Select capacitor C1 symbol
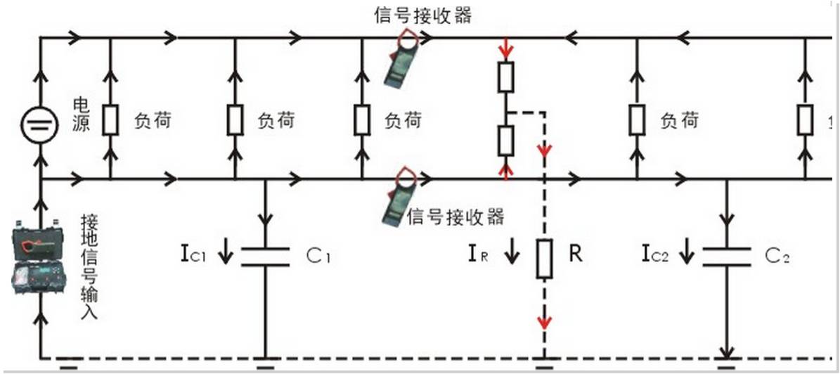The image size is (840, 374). coord(265,256)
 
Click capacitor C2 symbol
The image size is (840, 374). coord(726,256)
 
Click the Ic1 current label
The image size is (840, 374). coord(193,254)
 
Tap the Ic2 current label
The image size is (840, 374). coord(655,254)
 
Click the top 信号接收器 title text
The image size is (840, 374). coord(423,15)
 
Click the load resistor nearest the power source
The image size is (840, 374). coord(110,121)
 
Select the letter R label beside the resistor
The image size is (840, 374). coord(576,254)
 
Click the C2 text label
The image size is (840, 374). coord(777,256)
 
